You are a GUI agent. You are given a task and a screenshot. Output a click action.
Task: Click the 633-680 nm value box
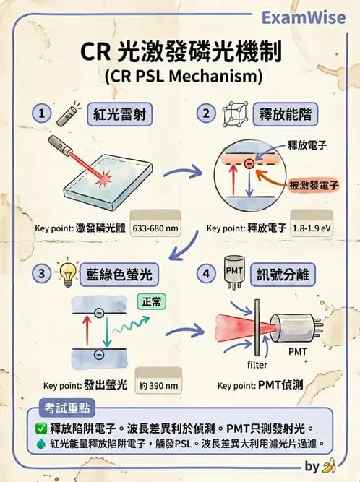pos(154,228)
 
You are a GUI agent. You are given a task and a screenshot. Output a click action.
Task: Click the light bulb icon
pos(68,273)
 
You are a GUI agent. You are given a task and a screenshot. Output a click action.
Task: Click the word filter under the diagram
pos(257,364)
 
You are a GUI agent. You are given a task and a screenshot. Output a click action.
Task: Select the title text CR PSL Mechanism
pos(181,75)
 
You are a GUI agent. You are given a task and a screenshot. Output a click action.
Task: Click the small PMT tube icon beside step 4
pos(234,274)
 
